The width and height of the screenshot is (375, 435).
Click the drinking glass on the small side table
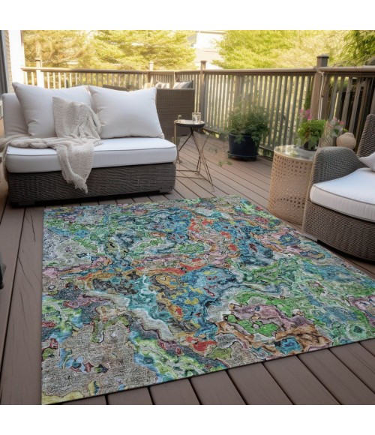pyautogui.click(x=196, y=117)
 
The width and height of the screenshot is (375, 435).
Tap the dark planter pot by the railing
pyautogui.click(x=243, y=146)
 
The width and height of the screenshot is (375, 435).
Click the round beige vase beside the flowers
pyautogui.click(x=346, y=141)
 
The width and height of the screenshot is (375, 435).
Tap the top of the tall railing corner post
pyautogui.click(x=322, y=60)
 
